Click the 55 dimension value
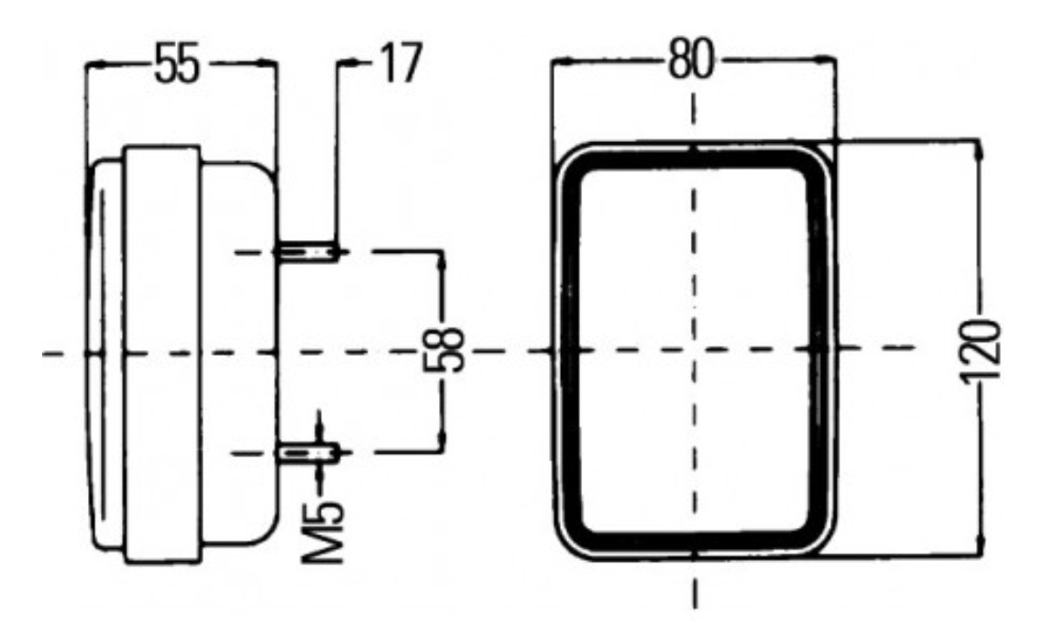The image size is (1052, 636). (x=177, y=64)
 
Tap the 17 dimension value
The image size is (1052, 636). (x=401, y=62)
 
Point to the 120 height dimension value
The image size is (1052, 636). (x=981, y=353)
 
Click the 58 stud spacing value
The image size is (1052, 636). (x=444, y=349)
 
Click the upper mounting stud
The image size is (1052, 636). (x=309, y=252)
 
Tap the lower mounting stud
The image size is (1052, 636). (x=310, y=454)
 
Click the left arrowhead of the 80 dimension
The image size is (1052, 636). (x=560, y=62)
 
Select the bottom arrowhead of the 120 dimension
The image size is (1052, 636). (x=981, y=544)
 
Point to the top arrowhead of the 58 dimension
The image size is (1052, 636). (x=442, y=261)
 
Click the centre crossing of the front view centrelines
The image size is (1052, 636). (x=694, y=349)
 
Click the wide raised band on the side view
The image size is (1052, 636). (x=161, y=355)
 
